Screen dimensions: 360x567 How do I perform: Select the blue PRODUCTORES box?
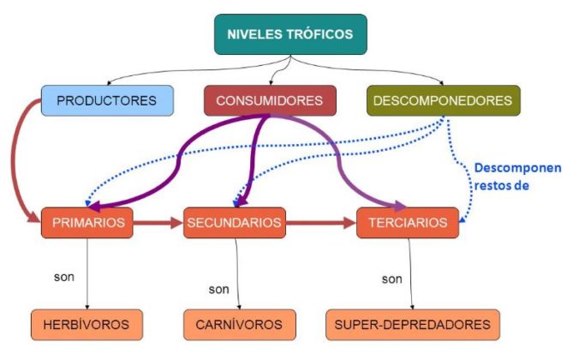point(106,100)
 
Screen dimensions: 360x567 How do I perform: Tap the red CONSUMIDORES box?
point(269,101)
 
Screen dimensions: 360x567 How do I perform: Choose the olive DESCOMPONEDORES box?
point(443,100)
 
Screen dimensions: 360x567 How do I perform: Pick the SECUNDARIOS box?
point(233,223)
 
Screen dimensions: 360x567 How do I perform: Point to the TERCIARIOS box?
point(408,223)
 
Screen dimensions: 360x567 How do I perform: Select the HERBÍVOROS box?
point(87,325)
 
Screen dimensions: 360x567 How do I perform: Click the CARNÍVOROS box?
point(233,325)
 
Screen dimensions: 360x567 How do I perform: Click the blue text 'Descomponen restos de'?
point(517,175)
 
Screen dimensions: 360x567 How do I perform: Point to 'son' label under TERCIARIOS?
point(391,279)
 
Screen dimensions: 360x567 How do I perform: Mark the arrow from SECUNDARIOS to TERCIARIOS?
point(322,224)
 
